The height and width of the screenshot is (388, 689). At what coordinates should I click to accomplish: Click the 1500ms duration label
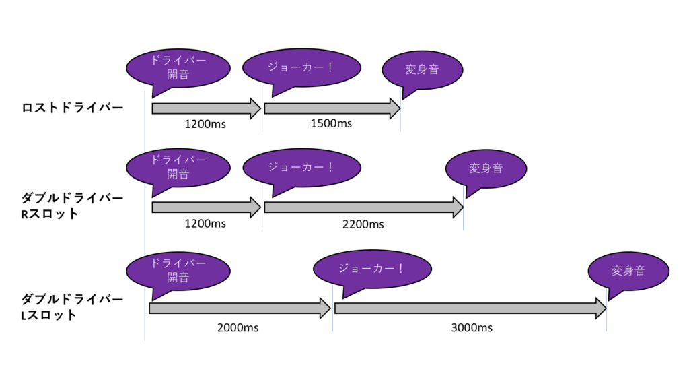331,123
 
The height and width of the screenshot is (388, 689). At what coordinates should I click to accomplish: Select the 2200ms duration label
363,224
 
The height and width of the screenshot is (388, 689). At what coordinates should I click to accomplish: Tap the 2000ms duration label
238,327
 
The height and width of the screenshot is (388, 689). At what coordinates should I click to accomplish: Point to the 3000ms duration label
471,327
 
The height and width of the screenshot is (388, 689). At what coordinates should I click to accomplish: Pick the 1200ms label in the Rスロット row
205,224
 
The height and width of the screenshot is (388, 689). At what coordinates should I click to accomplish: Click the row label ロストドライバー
73,108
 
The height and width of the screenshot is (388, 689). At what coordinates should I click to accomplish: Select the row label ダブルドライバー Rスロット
73,206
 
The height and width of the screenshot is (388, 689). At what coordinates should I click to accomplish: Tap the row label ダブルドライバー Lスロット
73,306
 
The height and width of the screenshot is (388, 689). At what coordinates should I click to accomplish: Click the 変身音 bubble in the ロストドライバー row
423,69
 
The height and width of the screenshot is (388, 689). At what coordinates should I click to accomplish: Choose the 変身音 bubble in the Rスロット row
486,168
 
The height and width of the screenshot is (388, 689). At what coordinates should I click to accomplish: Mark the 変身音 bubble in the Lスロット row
628,271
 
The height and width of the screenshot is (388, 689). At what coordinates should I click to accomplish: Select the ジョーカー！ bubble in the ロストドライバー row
300,67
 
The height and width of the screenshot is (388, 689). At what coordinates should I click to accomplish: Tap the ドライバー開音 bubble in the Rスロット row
178,168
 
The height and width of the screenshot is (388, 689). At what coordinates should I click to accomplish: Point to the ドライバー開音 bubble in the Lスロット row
178,270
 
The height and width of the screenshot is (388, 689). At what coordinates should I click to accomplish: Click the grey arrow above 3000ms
470,309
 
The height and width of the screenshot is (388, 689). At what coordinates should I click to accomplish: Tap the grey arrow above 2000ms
239,309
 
